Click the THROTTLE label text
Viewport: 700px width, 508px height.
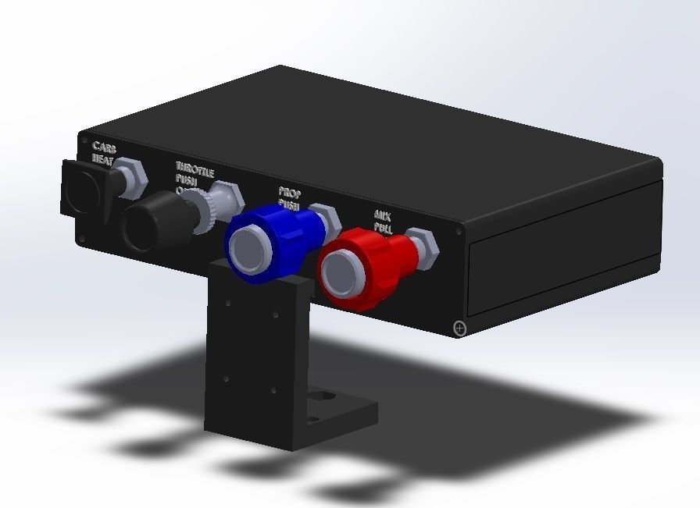(x=195, y=168)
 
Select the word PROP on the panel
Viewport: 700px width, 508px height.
(x=290, y=193)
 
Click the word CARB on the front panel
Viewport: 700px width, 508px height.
(x=105, y=147)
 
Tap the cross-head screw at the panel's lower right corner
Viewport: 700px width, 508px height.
(x=460, y=329)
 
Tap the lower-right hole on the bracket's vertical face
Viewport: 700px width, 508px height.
(x=273, y=389)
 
